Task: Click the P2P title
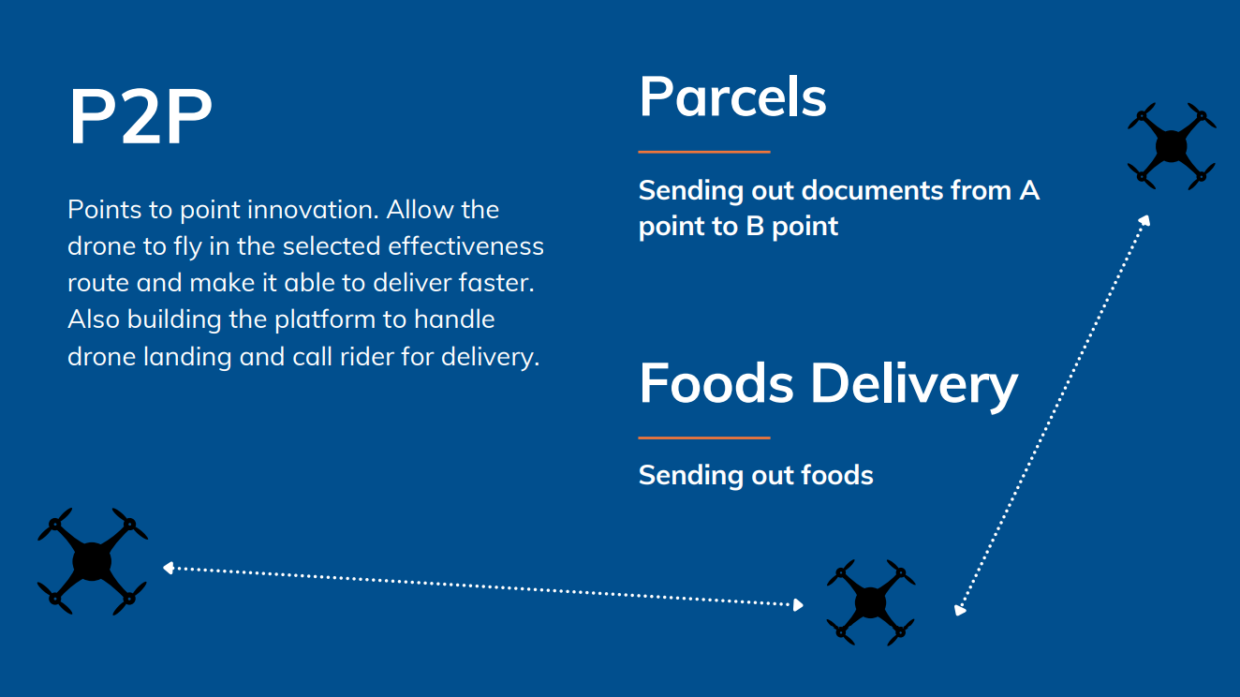(140, 116)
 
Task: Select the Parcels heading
(733, 96)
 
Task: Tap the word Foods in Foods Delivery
(716, 383)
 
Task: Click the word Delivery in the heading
(914, 386)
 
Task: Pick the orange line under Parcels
(704, 151)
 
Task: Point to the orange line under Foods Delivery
(704, 437)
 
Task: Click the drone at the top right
(1172, 145)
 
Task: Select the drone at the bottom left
(93, 561)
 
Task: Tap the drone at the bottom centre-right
(871, 602)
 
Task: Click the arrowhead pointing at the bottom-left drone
(169, 568)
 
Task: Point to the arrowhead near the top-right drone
(1144, 220)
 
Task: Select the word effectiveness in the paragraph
(466, 246)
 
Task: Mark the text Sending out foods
(756, 476)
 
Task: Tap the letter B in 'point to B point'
(755, 227)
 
